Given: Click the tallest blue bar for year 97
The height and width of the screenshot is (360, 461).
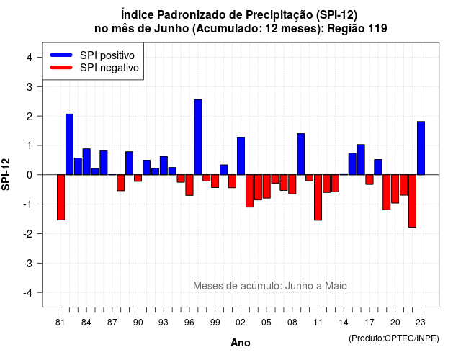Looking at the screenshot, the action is point(198,138).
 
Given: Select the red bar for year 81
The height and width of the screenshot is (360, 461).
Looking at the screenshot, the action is point(61,197).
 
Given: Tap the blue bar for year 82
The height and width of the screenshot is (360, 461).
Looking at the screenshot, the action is point(69,144).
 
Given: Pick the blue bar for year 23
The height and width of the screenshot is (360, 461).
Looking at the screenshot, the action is point(421,148).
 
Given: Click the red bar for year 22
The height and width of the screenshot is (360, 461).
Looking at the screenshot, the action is point(412,201).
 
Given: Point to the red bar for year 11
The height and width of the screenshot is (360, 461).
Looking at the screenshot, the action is point(318,197).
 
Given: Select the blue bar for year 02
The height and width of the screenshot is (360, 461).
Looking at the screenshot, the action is point(241,156).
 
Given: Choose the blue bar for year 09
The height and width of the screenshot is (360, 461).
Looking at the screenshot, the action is point(301,154).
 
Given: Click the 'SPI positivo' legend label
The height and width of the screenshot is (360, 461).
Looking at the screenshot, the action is point(107,55).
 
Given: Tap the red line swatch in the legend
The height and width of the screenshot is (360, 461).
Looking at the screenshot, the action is point(61,67).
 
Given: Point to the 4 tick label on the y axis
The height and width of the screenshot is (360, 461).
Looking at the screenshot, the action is point(30,58).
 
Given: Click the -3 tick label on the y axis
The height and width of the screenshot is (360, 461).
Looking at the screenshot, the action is point(27,263).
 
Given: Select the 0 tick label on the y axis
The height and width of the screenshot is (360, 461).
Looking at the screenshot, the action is point(30,175).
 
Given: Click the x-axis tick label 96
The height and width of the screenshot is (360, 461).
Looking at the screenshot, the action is point(189,323).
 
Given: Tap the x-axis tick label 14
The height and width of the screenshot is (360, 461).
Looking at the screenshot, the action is point(344,323).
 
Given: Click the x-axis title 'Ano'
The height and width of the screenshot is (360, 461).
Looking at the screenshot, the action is point(241,343).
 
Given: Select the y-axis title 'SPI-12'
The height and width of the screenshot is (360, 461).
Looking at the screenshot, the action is point(6,174).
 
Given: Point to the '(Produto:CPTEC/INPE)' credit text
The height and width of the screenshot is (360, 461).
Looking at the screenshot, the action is point(394,338).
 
